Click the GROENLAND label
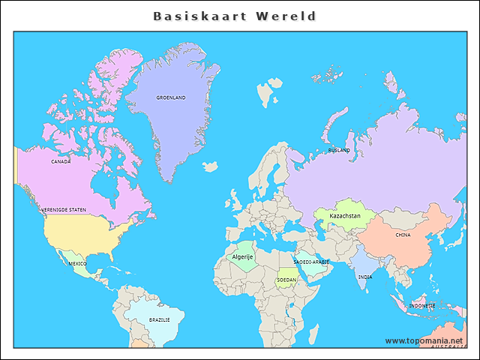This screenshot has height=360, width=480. point(171,97)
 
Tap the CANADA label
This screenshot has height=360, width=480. point(61,161)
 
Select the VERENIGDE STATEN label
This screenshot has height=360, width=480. point(64,210)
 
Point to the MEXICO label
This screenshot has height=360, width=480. point(77,264)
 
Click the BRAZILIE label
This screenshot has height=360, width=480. point(159,319)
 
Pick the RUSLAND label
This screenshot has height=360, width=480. point(339,150)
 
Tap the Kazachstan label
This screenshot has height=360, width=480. point(345,216)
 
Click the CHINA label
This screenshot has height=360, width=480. point(403,235)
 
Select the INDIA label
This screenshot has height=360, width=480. point(364,277)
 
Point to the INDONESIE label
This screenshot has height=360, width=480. point(422,306)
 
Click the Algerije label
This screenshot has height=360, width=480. point(242,256)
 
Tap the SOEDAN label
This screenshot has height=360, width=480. point(286,280)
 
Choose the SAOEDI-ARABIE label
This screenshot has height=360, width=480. point(310,262)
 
